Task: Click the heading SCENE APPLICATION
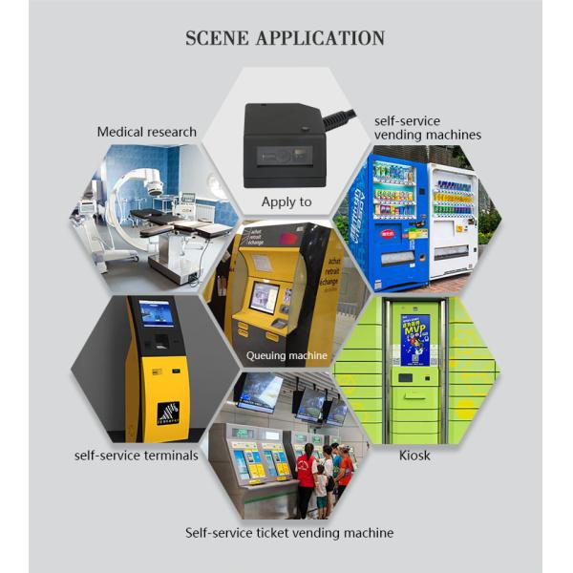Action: coord(285,39)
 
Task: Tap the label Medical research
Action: coord(146,132)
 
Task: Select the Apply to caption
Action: coord(286,202)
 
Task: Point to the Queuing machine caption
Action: coord(286,355)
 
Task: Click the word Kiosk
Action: coord(414,456)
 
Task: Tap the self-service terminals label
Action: coord(137,456)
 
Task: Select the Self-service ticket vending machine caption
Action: coord(288,532)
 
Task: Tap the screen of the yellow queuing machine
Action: coord(264,297)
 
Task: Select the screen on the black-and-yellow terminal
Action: coord(157,313)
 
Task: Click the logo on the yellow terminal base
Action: coord(168,414)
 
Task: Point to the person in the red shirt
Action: coord(306,477)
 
